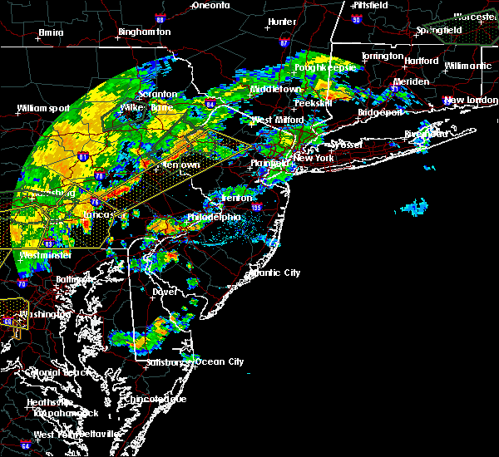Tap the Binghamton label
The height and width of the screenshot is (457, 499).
point(144,32)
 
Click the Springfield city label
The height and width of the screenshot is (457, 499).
point(439,30)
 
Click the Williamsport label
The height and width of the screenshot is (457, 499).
point(42,108)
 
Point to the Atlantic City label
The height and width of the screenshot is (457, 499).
point(277,273)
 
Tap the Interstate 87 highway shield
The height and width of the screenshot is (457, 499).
point(284,42)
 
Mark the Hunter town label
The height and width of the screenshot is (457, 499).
point(282,22)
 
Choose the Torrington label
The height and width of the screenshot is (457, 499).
point(382,57)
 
